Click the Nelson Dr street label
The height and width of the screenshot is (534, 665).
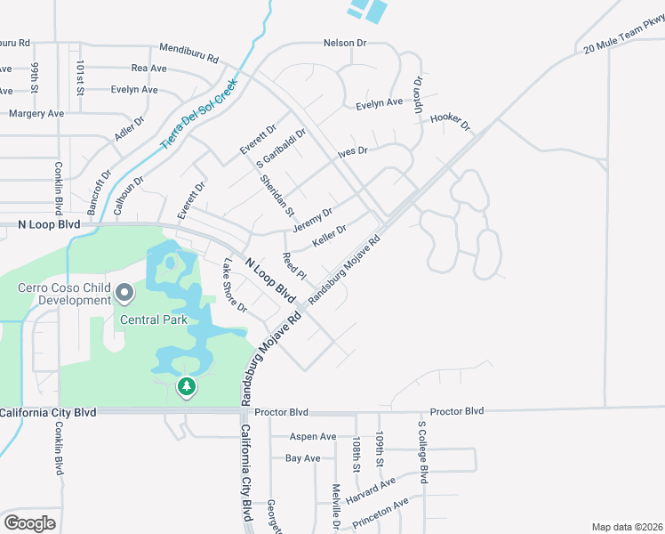[x=345, y=43]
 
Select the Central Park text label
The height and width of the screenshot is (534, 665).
[x=155, y=320]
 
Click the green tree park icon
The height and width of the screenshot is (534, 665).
[x=186, y=386]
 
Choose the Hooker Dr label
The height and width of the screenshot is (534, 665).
[x=449, y=122]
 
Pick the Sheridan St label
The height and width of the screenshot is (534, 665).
[x=276, y=195]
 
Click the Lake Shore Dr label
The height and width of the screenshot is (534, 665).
[x=235, y=284]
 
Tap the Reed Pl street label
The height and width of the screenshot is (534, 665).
[x=293, y=264]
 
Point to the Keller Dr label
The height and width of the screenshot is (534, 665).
[x=329, y=236]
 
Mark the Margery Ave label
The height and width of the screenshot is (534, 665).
[x=36, y=114]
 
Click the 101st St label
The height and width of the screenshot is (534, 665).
[x=79, y=77]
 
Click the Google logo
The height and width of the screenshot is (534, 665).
[x=29, y=522]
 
